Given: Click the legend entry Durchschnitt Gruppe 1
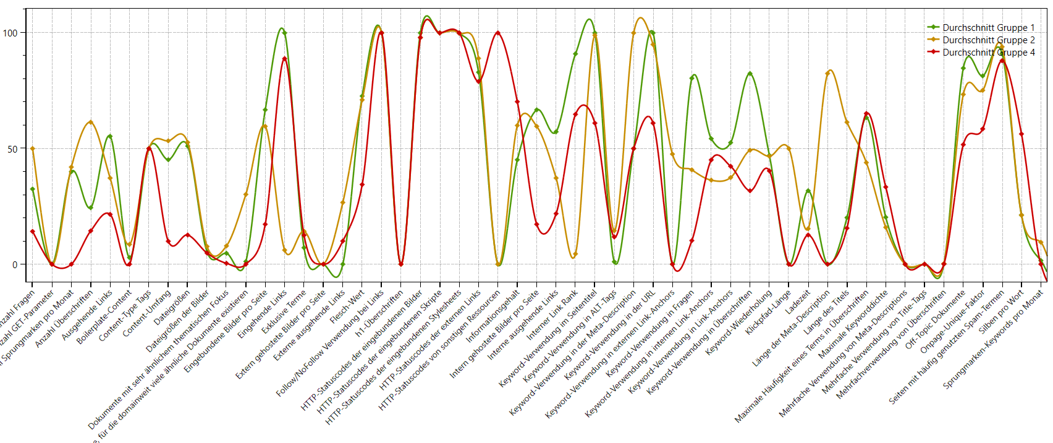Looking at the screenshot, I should [987, 28].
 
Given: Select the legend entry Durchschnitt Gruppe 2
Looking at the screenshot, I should [987, 40].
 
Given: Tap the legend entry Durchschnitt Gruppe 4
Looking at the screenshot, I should [987, 53].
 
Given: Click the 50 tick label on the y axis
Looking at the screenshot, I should [12, 149].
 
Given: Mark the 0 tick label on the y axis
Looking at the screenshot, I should [15, 264].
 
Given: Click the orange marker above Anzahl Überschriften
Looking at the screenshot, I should [91, 122].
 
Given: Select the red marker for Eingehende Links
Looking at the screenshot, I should [284, 59].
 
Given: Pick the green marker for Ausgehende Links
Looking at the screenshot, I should [110, 137].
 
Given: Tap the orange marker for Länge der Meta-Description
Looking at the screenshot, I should [827, 74].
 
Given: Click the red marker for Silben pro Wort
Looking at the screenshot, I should [1021, 134].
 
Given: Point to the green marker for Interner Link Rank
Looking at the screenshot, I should [575, 54].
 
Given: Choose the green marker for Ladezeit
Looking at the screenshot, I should [808, 191].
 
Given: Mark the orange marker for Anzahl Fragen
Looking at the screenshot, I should [33, 149].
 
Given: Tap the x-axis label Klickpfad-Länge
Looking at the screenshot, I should [768, 312].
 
